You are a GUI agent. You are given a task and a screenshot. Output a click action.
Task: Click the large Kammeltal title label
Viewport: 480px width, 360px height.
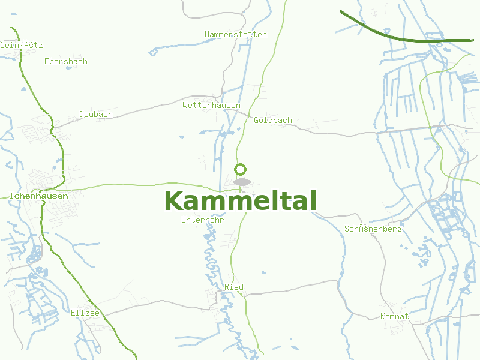click(x=240, y=201)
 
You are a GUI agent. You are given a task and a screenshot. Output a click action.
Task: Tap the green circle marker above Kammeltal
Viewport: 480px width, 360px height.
click(x=241, y=169)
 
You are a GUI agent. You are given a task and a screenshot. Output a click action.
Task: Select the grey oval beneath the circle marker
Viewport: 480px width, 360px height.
click(x=242, y=181)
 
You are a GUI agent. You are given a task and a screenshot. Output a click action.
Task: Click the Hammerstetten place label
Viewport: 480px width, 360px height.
click(x=235, y=34)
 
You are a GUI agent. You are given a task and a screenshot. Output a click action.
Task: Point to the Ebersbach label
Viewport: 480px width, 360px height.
click(x=66, y=61)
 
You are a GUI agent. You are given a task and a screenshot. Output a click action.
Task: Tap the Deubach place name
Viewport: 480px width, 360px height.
click(x=96, y=114)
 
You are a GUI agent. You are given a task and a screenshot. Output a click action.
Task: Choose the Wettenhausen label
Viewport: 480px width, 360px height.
click(x=211, y=105)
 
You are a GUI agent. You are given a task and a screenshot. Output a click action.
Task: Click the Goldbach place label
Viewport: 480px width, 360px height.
click(x=273, y=120)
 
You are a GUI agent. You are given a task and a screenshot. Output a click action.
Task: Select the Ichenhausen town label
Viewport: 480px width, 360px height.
click(x=38, y=196)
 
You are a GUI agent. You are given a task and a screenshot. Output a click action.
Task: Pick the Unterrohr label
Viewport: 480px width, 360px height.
click(x=202, y=220)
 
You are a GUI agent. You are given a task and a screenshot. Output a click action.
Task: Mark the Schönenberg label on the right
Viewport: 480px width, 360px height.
click(x=373, y=229)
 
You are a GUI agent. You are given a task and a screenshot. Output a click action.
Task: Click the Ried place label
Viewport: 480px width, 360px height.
click(x=234, y=287)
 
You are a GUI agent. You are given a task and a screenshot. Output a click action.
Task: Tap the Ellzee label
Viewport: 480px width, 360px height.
click(x=85, y=313)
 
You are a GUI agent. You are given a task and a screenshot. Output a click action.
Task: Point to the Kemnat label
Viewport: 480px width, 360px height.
click(x=394, y=316)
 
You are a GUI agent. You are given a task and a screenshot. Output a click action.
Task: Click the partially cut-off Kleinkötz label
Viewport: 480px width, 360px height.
click(x=22, y=45)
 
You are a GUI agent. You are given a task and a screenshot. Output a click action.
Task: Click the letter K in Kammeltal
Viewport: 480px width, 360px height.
click(x=173, y=201)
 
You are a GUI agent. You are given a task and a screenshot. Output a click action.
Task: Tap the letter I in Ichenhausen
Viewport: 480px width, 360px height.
click(x=11, y=196)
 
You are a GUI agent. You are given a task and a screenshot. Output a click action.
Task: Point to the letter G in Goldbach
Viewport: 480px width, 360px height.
click(x=257, y=120)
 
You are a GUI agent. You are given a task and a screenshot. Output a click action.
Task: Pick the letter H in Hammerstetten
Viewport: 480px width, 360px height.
click(x=207, y=34)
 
